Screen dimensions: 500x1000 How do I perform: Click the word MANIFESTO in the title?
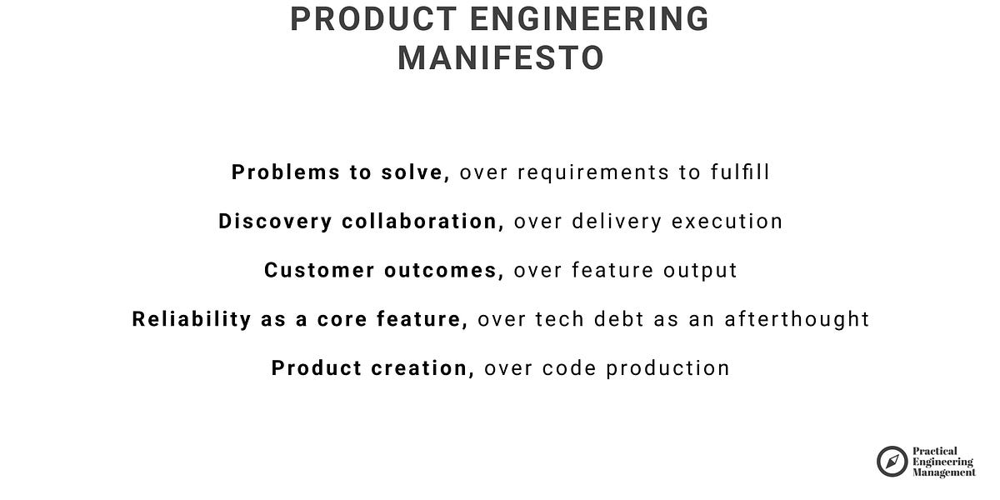[500, 58]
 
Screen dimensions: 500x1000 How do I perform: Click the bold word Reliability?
[191, 319]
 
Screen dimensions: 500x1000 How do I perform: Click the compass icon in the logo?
[892, 461]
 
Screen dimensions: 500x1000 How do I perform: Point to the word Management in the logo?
[944, 472]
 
